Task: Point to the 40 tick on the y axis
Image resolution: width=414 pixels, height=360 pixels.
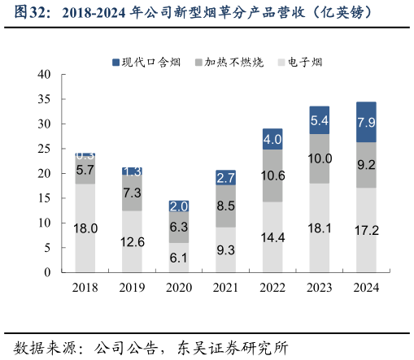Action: [x=45, y=75]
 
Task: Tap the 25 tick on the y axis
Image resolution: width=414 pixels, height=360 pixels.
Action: [x=45, y=149]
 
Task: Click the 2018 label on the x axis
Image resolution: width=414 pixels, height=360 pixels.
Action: [x=85, y=287]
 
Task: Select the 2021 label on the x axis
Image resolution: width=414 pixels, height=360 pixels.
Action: [x=225, y=287]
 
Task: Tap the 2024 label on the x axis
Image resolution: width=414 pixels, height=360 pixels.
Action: [x=366, y=287]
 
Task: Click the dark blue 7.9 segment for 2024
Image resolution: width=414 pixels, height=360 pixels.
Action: [x=366, y=123]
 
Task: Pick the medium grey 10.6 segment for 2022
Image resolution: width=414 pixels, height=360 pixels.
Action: [x=272, y=176]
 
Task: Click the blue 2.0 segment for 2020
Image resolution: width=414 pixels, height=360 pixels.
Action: [x=179, y=206]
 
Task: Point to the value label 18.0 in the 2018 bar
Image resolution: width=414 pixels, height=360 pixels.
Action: [x=85, y=228]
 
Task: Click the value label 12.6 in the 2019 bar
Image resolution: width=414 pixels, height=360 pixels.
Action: [x=133, y=241]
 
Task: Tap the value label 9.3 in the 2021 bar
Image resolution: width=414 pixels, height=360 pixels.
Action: [x=225, y=249]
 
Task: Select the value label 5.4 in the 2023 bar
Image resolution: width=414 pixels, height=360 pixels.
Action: [x=319, y=120]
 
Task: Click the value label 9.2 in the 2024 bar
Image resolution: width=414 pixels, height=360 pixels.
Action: [x=366, y=165]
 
